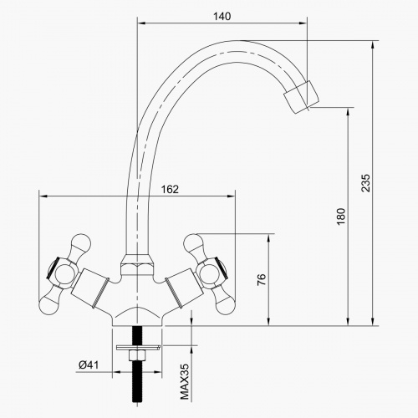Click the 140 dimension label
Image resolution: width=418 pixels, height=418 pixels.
coord(222,15)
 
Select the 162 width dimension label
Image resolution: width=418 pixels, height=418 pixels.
coord(169,189)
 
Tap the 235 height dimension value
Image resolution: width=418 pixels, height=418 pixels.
coord(364,184)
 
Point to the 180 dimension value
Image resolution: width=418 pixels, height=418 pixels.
coord(339,217)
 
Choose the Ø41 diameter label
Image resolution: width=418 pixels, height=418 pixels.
coord(89,364)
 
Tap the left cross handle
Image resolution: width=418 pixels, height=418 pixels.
coord(64,271)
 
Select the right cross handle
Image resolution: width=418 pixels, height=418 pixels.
coord(205,271)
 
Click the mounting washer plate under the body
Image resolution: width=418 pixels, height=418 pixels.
coord(135,344)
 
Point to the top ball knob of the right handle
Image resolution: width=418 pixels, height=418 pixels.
coord(195,246)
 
